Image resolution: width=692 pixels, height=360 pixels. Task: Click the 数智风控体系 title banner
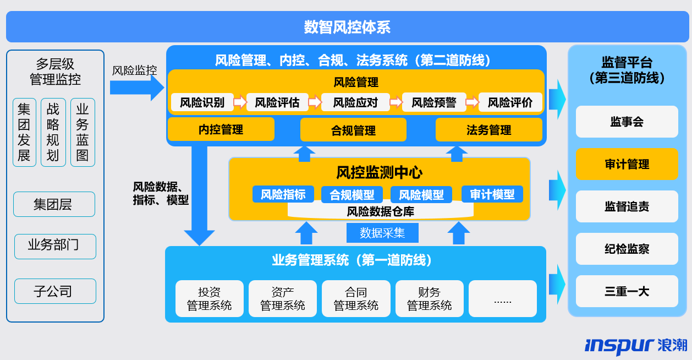pos(347,27)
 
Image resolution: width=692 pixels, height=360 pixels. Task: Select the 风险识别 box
pos(202,102)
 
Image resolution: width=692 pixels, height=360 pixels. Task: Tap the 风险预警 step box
pos(434,102)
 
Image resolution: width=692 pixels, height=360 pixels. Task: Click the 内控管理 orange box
pos(221,130)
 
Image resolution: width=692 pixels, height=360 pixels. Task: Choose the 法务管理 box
pos(488,130)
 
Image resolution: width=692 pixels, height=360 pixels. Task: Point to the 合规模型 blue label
pos(352,194)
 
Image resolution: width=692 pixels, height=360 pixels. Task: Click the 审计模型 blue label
pos(492,194)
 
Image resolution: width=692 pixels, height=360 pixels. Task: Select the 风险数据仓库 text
pos(380,211)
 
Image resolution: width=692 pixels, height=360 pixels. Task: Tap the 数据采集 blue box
pos(382,233)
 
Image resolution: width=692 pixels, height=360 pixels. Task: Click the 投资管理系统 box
pos(210,299)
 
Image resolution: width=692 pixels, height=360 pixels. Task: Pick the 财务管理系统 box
pos(429,299)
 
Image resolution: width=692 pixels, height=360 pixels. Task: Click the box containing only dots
pos(502,299)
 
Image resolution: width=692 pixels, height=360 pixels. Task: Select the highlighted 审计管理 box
pos(627,164)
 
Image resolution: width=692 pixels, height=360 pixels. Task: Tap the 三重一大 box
pos(627,291)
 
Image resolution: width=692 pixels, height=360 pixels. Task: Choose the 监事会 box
pos(627,122)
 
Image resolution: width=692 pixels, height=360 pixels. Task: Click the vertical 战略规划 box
pos(53,132)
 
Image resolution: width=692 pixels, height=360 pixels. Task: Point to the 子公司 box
pos(55,291)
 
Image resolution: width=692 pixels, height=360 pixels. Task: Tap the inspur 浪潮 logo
pos(635,345)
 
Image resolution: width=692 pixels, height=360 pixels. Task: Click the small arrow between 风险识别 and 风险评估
pos(240,102)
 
